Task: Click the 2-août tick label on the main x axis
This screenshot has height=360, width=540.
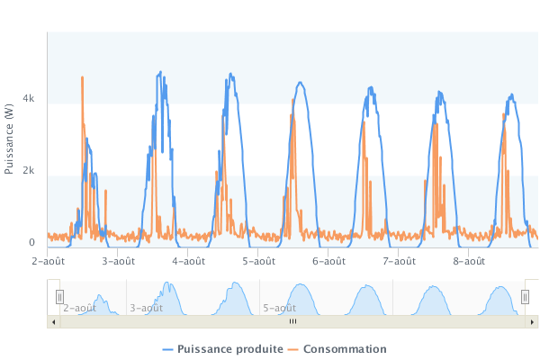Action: pos(48,261)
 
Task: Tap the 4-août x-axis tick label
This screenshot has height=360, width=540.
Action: pos(188,261)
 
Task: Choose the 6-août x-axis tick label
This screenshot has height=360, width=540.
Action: pos(328,261)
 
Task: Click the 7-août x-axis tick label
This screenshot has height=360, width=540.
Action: pos(399,261)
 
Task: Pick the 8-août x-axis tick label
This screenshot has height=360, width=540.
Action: pos(469,261)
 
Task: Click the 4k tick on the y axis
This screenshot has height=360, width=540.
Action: pos(29,97)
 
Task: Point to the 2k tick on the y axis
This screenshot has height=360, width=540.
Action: pos(29,170)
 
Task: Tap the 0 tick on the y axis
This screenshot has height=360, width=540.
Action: pos(31,242)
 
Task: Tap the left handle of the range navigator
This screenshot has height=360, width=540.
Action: pos(60,296)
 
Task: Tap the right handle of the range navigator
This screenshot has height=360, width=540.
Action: pos(525,296)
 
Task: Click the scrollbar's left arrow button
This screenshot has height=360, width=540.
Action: pos(53,320)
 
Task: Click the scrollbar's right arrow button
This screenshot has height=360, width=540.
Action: pos(531,320)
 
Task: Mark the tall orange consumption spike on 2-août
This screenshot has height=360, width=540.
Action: pos(83,79)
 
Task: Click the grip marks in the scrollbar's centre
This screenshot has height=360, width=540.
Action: pos(292,320)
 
